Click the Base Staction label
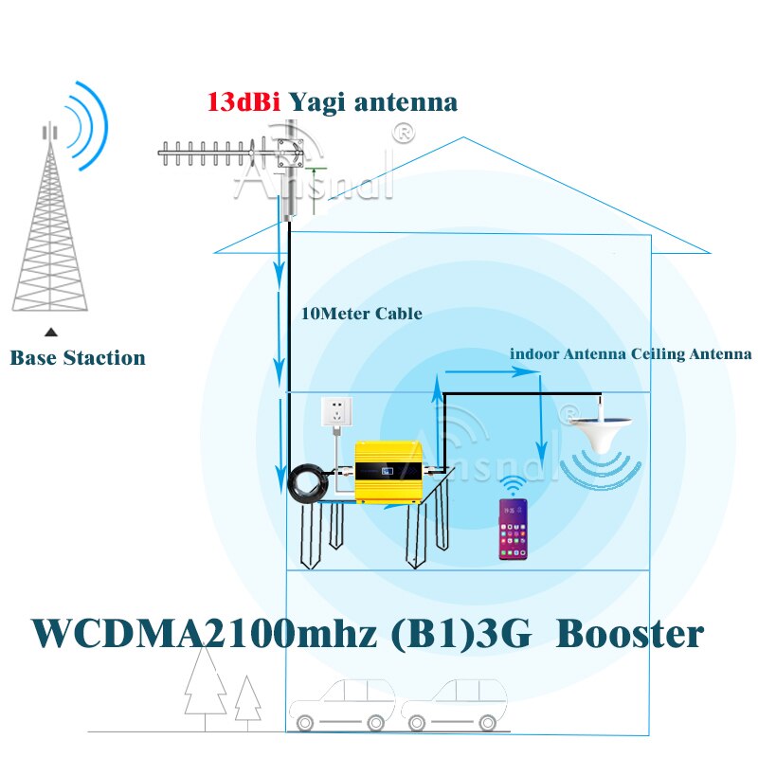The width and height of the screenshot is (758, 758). coord(78,358)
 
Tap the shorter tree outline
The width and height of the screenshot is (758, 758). coord(248,702)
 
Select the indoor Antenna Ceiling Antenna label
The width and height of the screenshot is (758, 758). coord(630,353)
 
